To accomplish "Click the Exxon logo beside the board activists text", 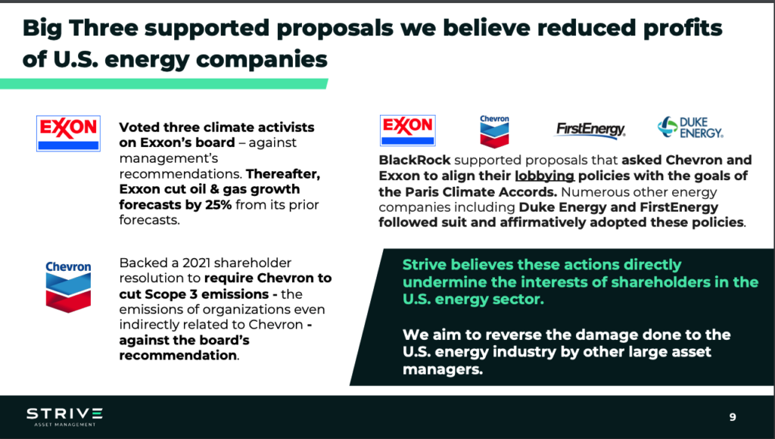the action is pos(68,133).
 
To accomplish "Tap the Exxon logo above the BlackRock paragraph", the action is pos(408,130).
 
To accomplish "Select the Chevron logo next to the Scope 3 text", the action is pos(68,287).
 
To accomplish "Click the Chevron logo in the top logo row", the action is pos(494,132).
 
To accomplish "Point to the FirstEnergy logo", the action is pos(590,129).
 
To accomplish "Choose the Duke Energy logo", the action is pos(690,128).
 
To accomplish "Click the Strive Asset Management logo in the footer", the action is pos(65,417).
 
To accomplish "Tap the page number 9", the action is pos(733,417).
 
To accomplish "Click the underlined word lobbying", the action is pos(544,176).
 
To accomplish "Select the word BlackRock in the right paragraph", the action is pos(415,160).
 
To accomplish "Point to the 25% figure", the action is pos(218,204).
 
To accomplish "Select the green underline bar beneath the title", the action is pos(163,83).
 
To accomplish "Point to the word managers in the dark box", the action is pos(442,370).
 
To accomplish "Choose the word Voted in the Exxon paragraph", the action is pos(139,127).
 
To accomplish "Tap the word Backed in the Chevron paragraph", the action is pos(142,263).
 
